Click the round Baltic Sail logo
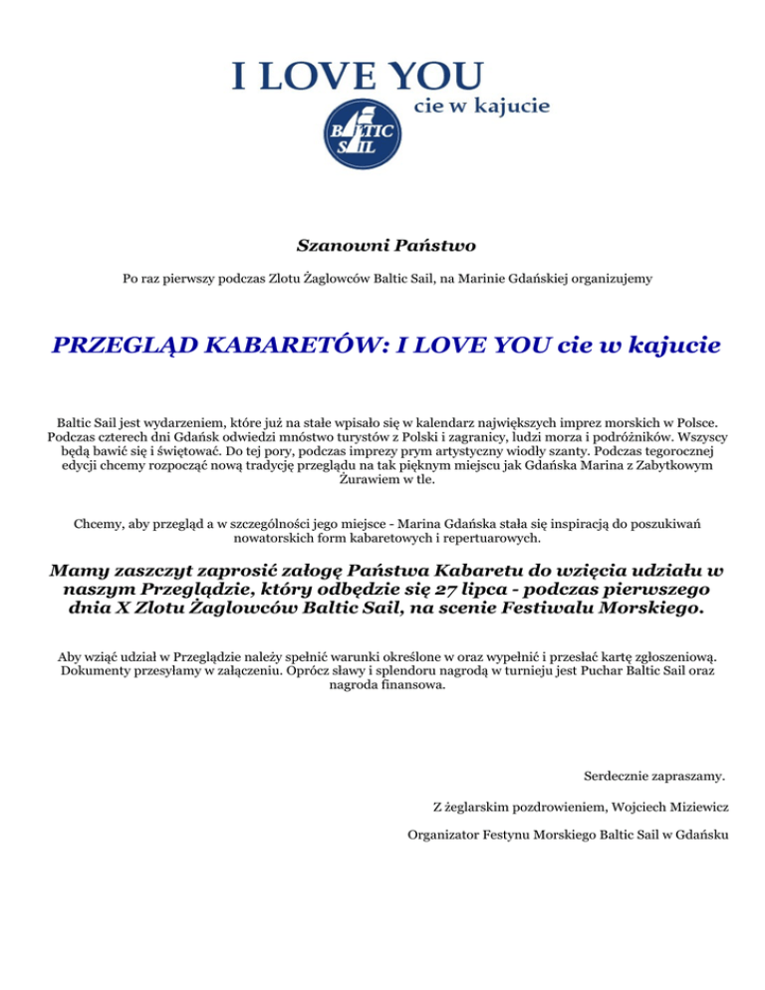[x=361, y=133]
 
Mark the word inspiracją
[x=542, y=522]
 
